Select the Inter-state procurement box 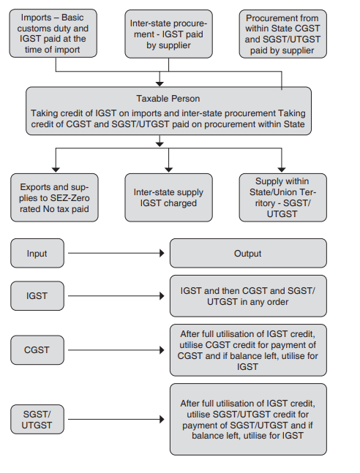169,34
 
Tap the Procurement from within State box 282,34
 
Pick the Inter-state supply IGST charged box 169,197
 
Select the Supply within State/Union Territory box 282,197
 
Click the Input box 37,254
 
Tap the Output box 248,254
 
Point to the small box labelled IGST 37,295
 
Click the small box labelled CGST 37,349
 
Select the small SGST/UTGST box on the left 37,419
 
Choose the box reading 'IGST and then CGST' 248,295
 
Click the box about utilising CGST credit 248,349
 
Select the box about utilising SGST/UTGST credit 248,419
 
